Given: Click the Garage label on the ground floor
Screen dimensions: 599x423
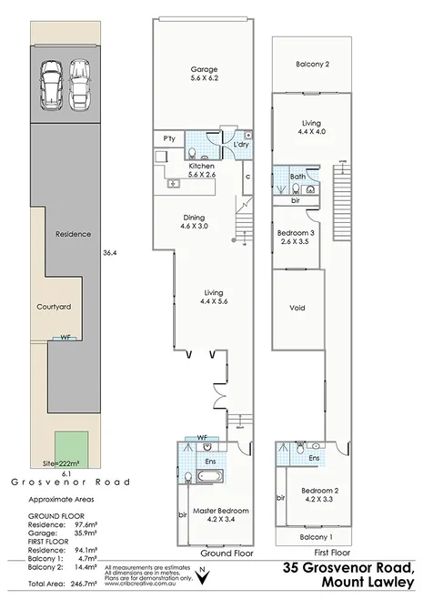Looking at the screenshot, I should click(202, 69).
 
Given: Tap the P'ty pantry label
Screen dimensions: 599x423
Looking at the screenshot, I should click(168, 138).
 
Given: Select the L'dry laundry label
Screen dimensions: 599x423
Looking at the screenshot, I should click(241, 145).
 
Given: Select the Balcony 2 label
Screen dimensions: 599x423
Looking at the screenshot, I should click(312, 64).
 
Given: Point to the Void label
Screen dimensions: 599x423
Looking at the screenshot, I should click(297, 308).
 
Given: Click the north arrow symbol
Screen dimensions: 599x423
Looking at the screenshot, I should click(202, 574).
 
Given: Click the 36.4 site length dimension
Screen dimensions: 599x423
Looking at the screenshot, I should click(108, 252).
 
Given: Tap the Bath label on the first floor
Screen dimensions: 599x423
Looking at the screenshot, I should click(297, 177).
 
